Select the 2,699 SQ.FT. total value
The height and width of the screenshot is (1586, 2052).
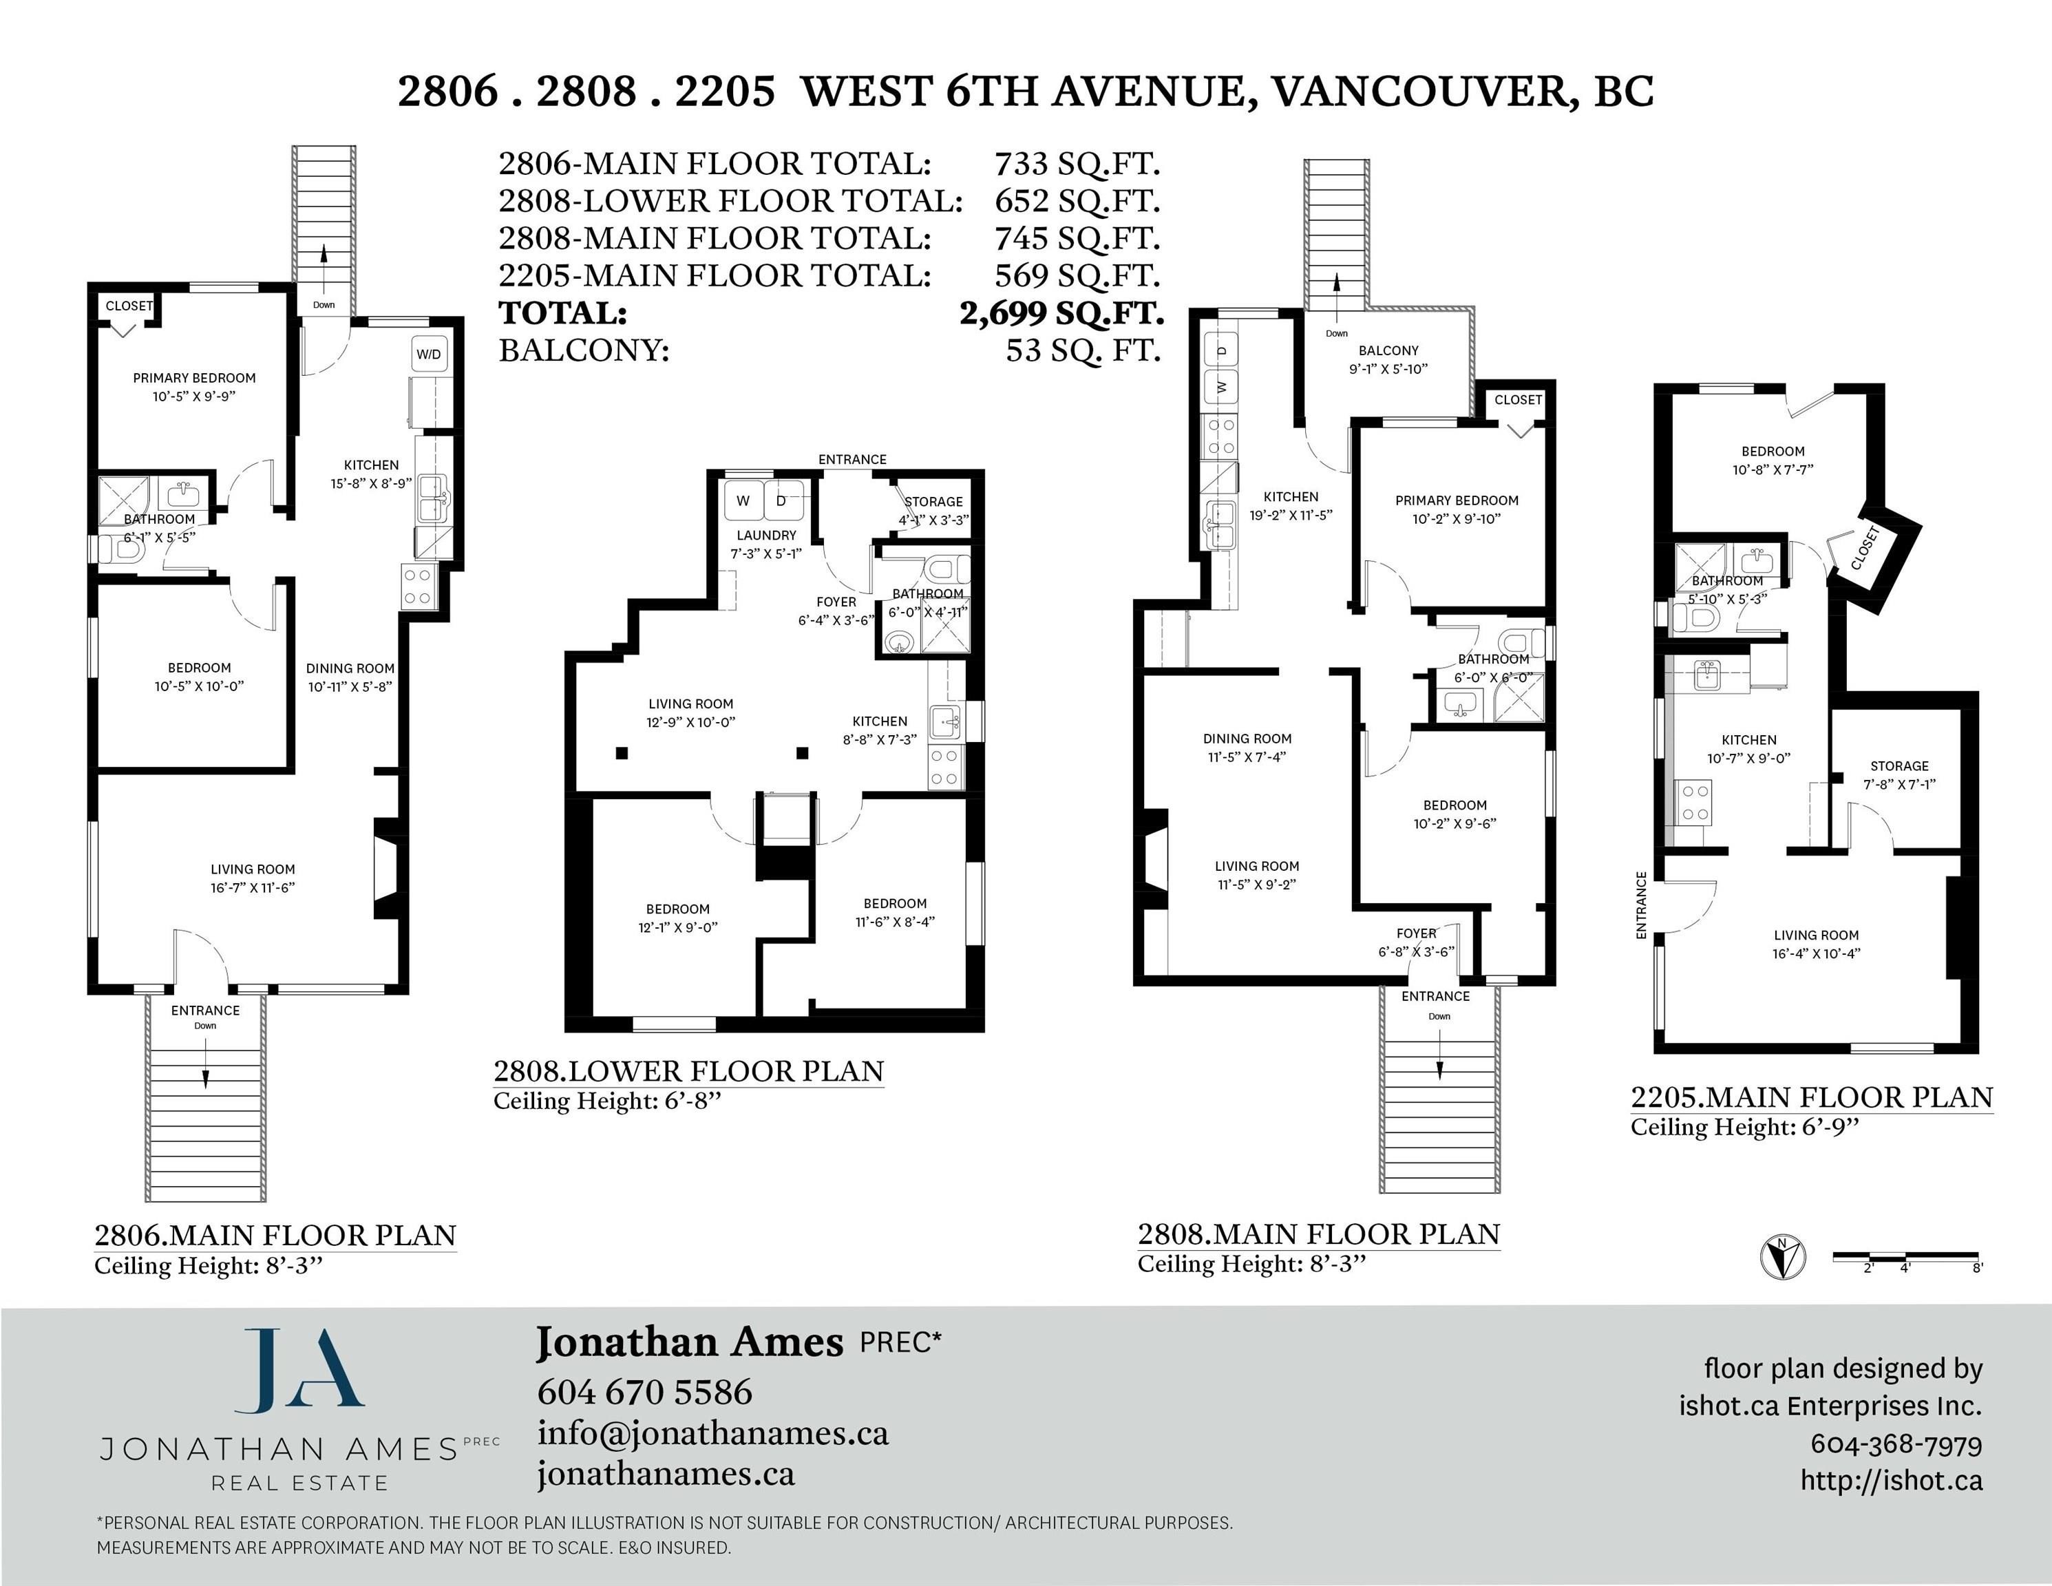tap(1061, 312)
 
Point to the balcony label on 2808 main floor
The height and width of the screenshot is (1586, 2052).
tap(1388, 350)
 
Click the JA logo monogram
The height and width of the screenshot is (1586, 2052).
tap(298, 1371)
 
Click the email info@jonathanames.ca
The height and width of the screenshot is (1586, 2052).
tap(713, 1433)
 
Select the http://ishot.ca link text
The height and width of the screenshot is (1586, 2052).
tap(1890, 1481)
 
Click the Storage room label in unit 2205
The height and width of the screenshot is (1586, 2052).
tap(1899, 765)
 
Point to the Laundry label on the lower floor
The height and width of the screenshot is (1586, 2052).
tap(765, 535)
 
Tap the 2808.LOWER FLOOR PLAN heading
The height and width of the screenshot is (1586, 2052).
tap(688, 1071)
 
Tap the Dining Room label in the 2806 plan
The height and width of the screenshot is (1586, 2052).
tap(350, 668)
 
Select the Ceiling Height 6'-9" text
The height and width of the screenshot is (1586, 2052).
tap(1745, 1128)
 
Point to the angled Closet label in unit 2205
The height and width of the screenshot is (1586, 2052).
tap(1865, 548)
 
